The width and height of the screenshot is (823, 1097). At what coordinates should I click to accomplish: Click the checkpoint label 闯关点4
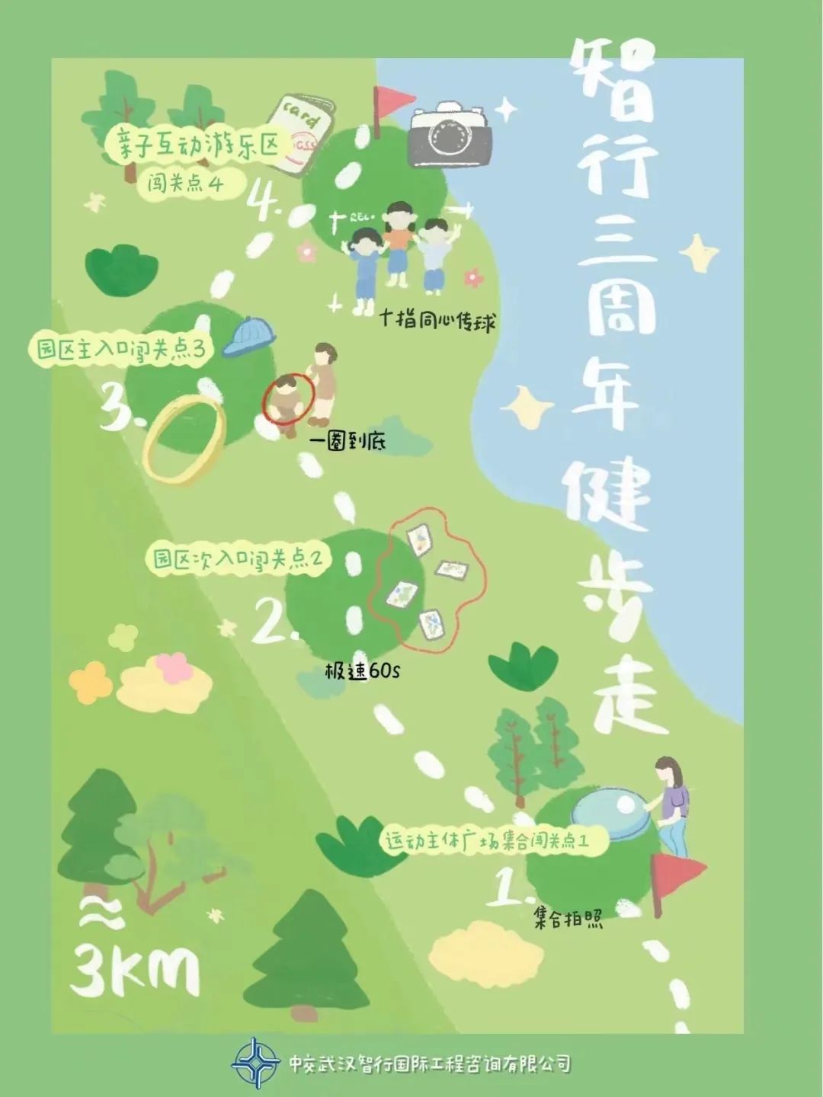point(187,184)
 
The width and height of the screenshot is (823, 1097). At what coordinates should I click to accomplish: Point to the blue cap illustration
point(249,337)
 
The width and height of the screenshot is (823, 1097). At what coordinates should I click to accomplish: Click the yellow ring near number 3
point(184,439)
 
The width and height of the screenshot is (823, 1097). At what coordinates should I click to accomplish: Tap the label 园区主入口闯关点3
point(122,350)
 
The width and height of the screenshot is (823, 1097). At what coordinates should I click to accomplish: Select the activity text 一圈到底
point(347,442)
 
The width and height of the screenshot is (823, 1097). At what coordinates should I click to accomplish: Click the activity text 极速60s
point(362,670)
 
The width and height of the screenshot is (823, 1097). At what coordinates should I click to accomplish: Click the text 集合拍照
point(568,919)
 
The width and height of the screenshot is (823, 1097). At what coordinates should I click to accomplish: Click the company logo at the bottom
point(256,1063)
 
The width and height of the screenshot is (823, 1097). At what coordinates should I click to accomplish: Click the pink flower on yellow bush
point(176,667)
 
